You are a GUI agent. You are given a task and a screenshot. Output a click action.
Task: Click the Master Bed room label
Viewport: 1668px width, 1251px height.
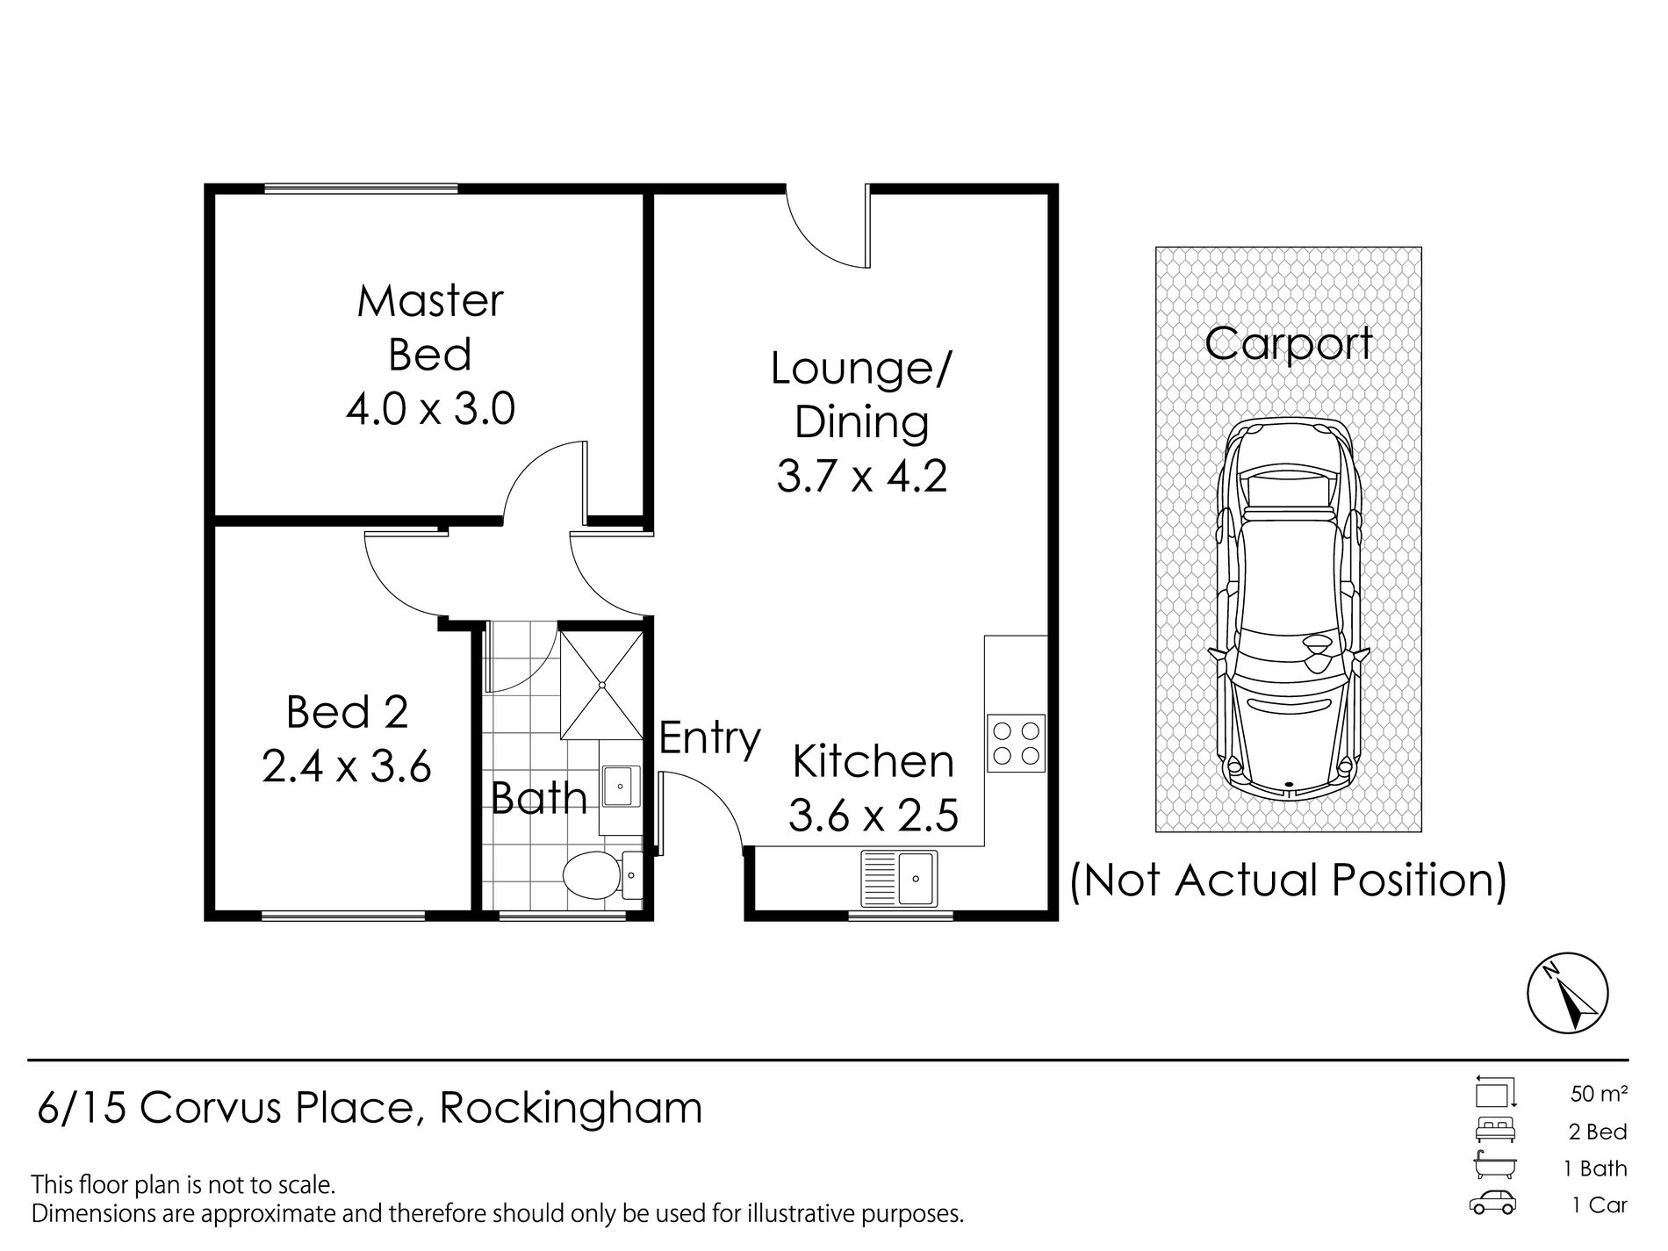(430, 328)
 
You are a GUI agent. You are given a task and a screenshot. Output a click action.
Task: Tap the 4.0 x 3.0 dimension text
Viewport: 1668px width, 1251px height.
(430, 409)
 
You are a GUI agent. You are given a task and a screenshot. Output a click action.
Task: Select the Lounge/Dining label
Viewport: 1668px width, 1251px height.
(861, 396)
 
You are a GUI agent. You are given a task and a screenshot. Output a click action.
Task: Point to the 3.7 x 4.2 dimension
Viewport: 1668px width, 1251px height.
(861, 477)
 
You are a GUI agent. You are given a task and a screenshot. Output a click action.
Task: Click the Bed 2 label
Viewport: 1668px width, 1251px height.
(348, 712)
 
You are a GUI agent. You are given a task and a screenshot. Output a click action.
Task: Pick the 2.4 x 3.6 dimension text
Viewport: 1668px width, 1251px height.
(347, 766)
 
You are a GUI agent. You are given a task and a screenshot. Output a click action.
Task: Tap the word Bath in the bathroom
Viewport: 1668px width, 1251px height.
(539, 797)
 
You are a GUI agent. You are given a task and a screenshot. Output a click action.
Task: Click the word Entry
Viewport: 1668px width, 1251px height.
(709, 739)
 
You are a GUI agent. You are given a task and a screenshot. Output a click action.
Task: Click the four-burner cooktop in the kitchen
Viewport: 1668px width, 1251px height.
(1017, 743)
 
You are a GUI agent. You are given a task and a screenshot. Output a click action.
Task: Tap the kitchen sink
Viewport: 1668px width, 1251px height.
(899, 877)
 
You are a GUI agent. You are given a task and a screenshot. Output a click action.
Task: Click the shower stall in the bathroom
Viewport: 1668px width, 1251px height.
(601, 683)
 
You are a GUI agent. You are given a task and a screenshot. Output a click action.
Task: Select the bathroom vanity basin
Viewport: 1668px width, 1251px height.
(620, 786)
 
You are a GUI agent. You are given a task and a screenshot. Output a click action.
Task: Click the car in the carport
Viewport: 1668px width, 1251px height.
(1288, 608)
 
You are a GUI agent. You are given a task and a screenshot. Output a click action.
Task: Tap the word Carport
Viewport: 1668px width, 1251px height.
(1288, 344)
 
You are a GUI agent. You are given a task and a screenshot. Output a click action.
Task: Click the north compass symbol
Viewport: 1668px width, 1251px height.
(1568, 996)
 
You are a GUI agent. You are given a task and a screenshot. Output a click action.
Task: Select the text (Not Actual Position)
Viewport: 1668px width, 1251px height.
(1288, 881)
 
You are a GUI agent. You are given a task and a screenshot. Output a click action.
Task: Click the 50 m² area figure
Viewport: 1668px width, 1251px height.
(1599, 1094)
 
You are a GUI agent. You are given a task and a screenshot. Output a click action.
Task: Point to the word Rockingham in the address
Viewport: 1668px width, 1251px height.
(571, 1108)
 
